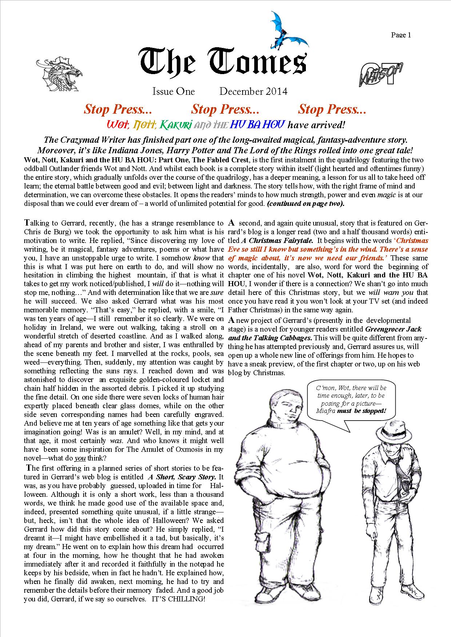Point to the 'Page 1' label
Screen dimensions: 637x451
click(x=401, y=35)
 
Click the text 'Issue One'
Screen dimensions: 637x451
click(x=173, y=92)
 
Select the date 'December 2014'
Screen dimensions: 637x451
click(x=253, y=92)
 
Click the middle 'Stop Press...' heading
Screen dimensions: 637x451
click(x=225, y=109)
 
